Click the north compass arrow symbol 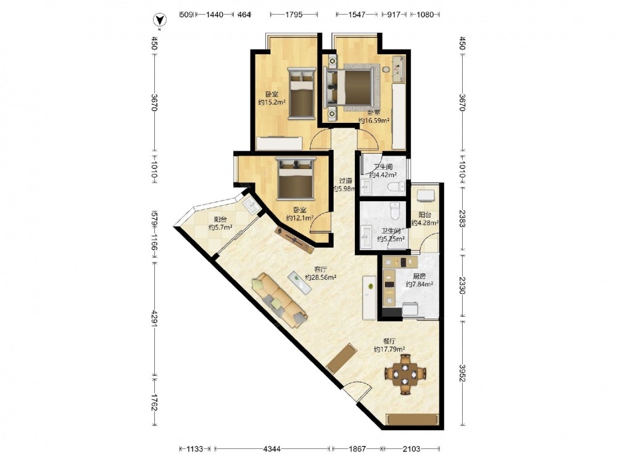[x=159, y=20]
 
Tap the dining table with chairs [x=405, y=374]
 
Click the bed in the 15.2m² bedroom [x=302, y=93]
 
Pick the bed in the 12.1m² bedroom [x=296, y=178]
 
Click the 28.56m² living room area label [x=321, y=273]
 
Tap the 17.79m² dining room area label [x=389, y=345]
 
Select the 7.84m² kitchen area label [x=420, y=280]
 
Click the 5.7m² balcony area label [x=220, y=223]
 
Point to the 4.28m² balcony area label [x=425, y=219]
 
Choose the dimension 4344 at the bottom [x=272, y=448]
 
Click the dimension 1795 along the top [x=294, y=15]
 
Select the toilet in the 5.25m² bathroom [x=395, y=211]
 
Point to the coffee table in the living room [x=299, y=282]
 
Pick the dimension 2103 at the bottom [x=412, y=448]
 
